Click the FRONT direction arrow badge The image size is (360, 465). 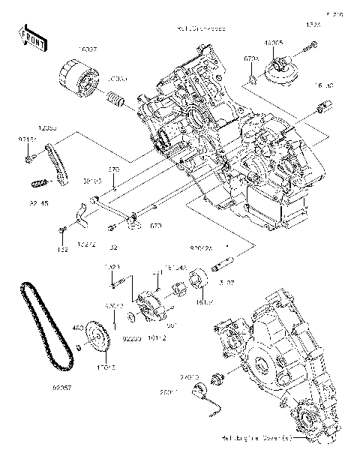click(x=28, y=37)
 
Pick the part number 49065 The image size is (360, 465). click(x=274, y=43)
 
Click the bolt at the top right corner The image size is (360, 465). click(x=307, y=52)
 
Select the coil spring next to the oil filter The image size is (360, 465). click(x=116, y=98)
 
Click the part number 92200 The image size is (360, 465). click(x=131, y=340)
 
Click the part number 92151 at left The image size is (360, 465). click(x=26, y=140)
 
